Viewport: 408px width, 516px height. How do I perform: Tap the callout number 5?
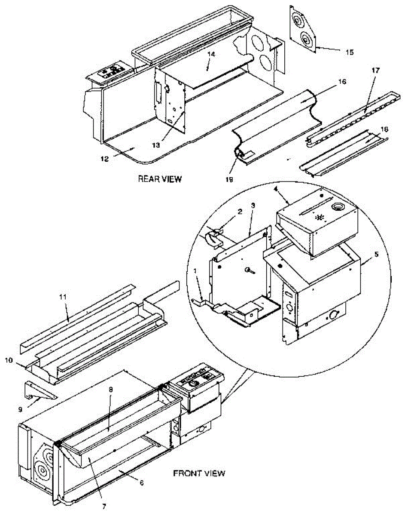(377, 254)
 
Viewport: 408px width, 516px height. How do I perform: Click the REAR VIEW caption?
(159, 179)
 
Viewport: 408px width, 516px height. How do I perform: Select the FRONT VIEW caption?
(198, 473)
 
